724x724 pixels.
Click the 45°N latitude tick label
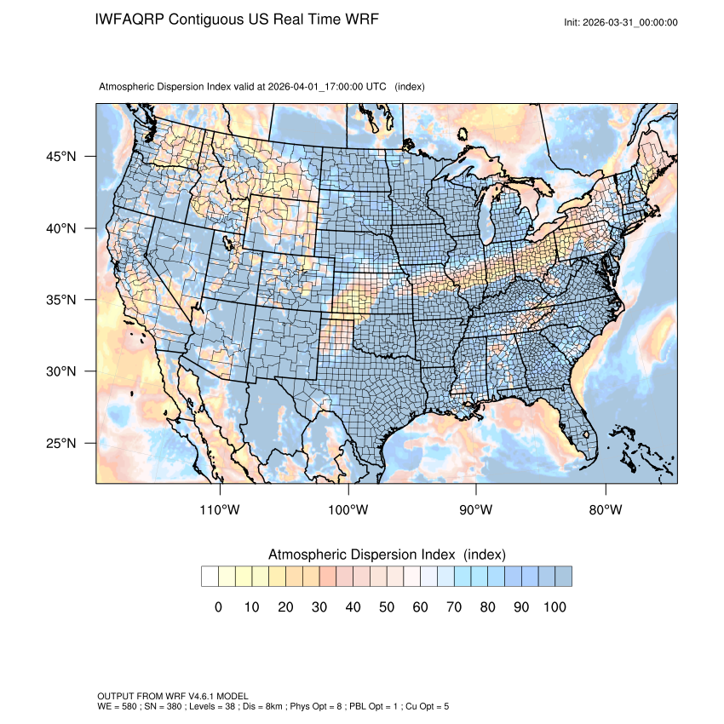[x=60, y=157]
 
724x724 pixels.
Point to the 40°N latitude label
[x=60, y=228]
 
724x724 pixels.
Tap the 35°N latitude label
[x=60, y=300]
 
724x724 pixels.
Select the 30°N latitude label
[x=60, y=371]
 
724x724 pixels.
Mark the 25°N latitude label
[x=60, y=443]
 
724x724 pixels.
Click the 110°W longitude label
[x=221, y=510]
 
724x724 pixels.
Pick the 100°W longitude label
[x=348, y=510]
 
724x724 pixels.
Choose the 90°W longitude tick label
[x=476, y=510]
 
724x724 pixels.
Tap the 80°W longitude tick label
[x=605, y=510]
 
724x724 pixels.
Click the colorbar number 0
[x=218, y=606]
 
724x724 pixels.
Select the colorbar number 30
[x=319, y=606]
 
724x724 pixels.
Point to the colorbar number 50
[x=386, y=606]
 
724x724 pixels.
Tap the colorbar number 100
[x=554, y=606]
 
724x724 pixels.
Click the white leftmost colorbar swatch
[x=210, y=577]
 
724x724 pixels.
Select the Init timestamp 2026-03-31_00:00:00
[x=631, y=23]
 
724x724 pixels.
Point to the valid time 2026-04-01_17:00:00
[x=326, y=87]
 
